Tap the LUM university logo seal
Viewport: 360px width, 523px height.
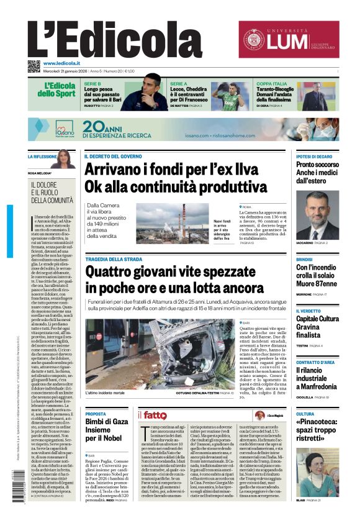255,39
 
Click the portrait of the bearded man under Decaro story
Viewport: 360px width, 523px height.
317,215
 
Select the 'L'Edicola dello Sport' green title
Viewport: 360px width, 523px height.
60,91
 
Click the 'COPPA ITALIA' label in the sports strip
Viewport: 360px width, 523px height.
272,83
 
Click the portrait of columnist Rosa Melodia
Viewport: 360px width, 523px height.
64,159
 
